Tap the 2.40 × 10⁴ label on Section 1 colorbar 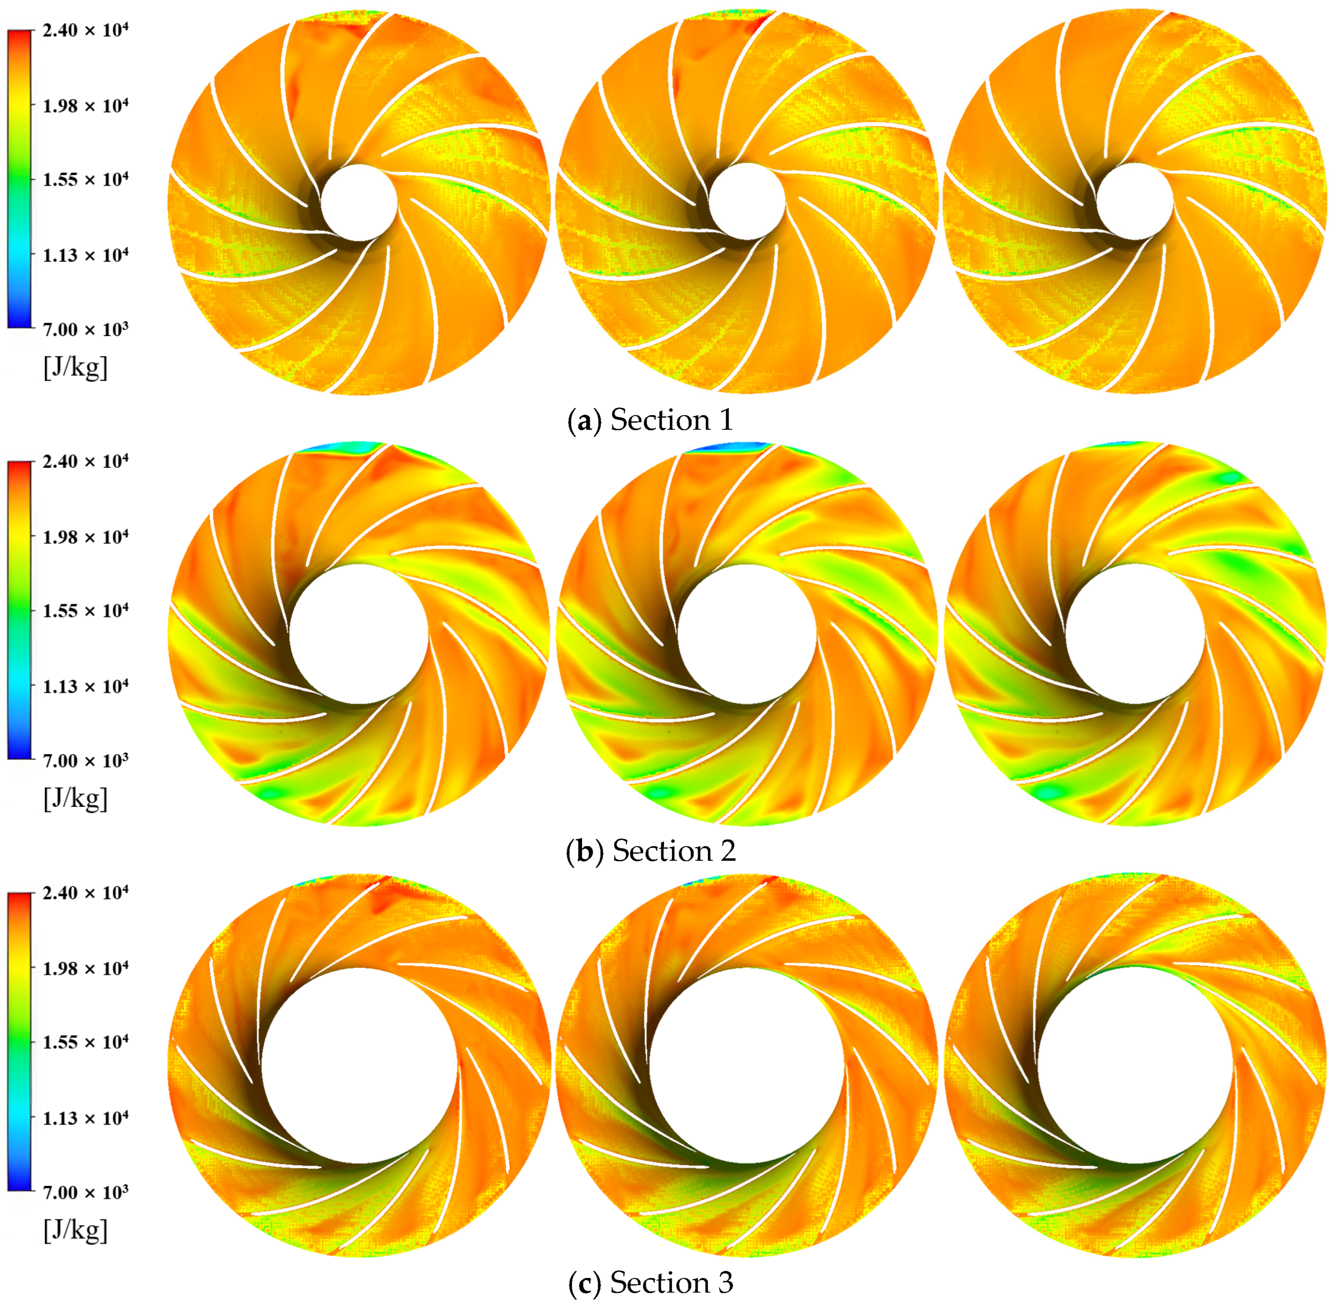85,31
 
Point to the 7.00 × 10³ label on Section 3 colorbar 85,1192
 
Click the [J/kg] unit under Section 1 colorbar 76,368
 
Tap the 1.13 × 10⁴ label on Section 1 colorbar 85,255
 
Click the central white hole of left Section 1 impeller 359,202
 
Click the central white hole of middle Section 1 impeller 746,202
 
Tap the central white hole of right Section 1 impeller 1135,202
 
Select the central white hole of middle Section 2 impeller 746,633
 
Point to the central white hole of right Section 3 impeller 1135,1064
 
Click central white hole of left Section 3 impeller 359,1064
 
